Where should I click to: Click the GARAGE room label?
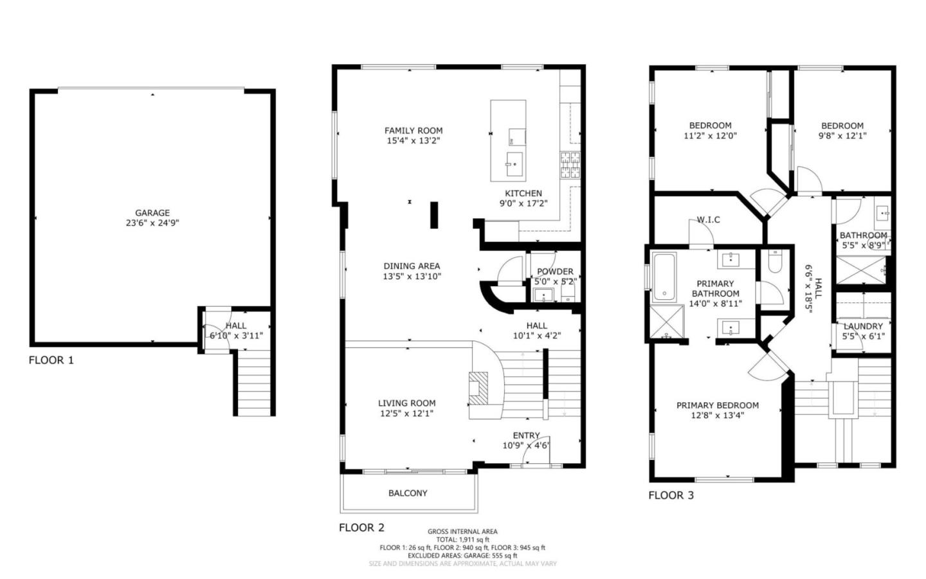152,213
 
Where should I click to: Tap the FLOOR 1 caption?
51,360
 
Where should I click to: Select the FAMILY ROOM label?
413,131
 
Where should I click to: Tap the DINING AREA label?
412,266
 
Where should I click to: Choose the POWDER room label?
555,271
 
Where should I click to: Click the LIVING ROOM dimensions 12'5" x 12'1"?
406,414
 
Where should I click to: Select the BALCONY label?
408,493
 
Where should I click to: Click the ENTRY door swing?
536,454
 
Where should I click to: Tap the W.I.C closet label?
708,220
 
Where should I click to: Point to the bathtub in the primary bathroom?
664,278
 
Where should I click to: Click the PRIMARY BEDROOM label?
717,405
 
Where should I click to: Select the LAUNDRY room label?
863,326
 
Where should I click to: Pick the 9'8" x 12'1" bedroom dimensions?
842,136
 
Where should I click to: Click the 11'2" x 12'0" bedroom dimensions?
710,136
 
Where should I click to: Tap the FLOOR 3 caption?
671,495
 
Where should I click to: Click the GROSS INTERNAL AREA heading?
462,531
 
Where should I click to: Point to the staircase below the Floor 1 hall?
254,383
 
